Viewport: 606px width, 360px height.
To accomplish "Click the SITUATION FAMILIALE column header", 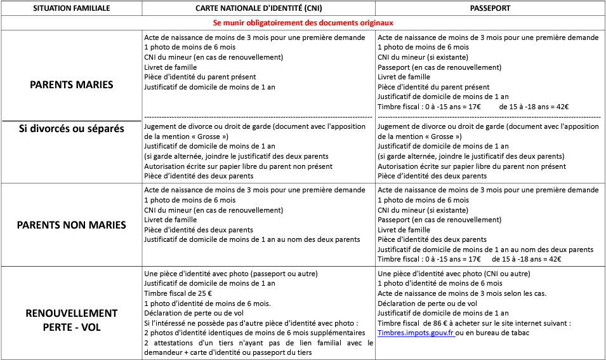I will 71,8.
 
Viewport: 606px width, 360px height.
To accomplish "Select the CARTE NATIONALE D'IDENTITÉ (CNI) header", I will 258,8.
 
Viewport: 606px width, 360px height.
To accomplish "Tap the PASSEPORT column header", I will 490,8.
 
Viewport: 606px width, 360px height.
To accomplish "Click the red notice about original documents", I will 303,22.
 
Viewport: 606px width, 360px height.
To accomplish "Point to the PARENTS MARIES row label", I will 71,84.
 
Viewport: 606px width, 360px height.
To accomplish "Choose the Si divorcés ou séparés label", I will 71,129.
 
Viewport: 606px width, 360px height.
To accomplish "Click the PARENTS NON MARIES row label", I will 71,225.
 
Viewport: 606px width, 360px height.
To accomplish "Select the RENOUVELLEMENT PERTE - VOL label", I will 71,321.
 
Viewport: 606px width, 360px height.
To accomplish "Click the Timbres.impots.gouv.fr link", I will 416,333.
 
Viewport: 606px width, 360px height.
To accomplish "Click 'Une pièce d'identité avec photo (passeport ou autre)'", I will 231,274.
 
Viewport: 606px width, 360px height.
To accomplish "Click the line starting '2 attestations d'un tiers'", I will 258,343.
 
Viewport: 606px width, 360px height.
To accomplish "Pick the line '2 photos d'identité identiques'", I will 254,333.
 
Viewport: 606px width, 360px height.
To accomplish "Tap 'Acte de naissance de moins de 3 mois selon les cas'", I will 461,293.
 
